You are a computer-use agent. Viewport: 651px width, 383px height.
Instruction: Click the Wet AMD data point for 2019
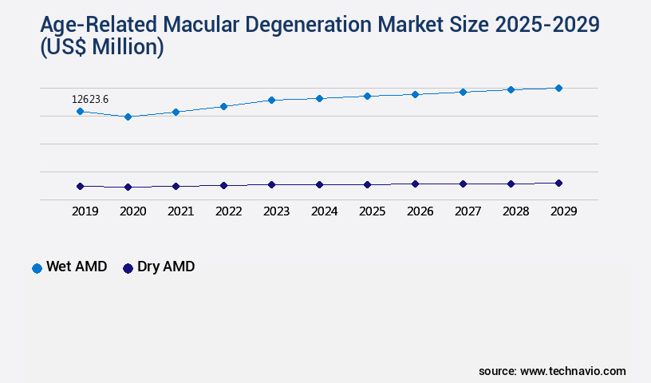pos(80,111)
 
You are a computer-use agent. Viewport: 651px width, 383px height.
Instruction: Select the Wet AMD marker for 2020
pos(128,116)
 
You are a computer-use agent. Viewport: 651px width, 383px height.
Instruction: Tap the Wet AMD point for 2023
pos(271,100)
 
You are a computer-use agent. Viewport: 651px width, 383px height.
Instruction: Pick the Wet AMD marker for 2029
pos(558,88)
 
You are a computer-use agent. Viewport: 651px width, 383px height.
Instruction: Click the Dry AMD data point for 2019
pos(80,186)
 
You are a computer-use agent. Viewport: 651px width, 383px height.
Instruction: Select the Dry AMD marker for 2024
pos(319,184)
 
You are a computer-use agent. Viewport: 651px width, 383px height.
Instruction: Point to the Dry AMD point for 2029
pos(558,183)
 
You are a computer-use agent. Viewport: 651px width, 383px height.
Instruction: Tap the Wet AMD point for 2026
pos(415,94)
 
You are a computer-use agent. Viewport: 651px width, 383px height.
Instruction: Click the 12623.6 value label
pos(90,99)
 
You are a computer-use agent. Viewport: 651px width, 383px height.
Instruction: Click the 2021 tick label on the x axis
pos(180,211)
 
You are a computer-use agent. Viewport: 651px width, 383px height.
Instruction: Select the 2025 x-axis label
pos(372,211)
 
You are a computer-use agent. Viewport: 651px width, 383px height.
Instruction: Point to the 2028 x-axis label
pos(515,211)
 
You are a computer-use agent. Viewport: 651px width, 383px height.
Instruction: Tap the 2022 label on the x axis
pos(228,211)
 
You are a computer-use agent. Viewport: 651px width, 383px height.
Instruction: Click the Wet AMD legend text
pos(77,267)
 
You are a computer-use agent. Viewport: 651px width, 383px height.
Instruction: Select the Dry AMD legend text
pos(166,267)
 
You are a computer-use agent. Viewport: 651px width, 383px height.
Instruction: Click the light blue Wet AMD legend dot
pos(37,268)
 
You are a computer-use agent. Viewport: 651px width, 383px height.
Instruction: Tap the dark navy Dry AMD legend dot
pos(128,268)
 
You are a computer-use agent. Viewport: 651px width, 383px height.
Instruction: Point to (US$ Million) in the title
pos(102,48)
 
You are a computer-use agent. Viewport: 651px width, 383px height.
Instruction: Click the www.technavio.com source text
pos(573,371)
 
